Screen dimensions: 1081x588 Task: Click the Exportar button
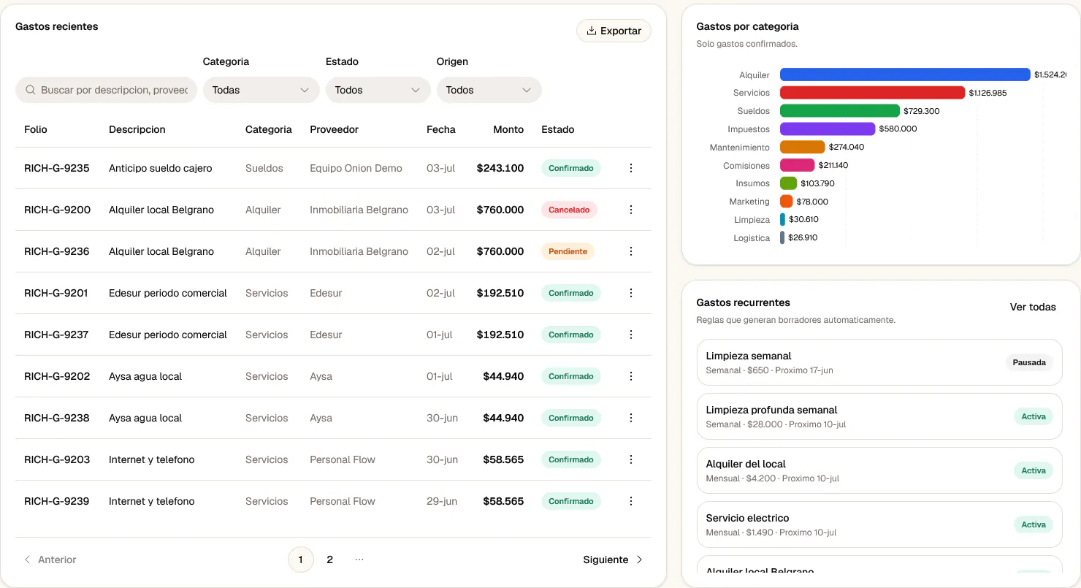[x=614, y=31]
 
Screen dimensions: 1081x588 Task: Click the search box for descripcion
[x=106, y=90]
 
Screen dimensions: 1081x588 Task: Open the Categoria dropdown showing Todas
[x=261, y=90]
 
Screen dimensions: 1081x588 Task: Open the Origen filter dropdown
[x=489, y=90]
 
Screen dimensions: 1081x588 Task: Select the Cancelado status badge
[x=569, y=210]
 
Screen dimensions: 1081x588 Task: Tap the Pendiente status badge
[x=568, y=251]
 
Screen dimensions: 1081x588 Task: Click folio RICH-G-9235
[x=56, y=168]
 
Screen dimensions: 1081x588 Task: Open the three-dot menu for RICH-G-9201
[x=631, y=293]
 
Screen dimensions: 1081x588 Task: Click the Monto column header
[x=508, y=129]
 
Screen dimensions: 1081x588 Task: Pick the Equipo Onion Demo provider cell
[x=356, y=168]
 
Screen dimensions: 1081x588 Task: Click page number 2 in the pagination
[x=329, y=560]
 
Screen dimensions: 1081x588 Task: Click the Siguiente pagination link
[x=612, y=560]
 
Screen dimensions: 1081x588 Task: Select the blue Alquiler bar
[x=905, y=75]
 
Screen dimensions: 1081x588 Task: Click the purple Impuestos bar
[x=827, y=129]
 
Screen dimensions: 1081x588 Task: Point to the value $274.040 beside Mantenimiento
[x=847, y=147]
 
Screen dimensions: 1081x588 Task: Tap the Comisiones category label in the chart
[x=746, y=166]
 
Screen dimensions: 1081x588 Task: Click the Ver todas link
[x=1033, y=307]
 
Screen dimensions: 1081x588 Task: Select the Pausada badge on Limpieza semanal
[x=1029, y=362]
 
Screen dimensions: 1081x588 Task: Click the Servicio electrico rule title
[x=747, y=518]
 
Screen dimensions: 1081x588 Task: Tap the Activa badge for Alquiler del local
[x=1034, y=470]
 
